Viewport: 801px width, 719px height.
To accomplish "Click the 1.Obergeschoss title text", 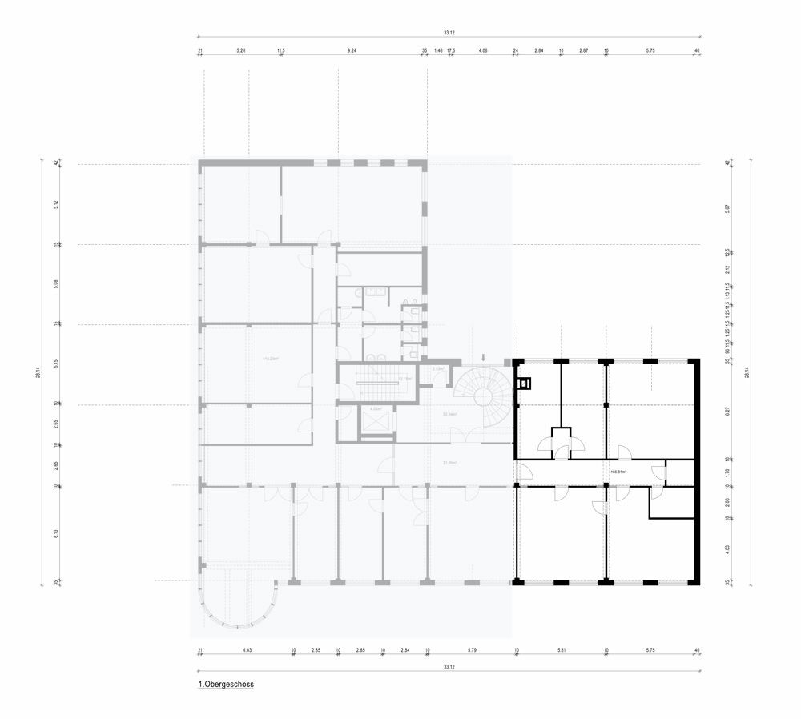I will pos(226,685).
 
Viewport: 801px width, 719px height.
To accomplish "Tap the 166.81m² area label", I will pos(618,472).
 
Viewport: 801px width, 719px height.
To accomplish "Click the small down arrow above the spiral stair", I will pos(483,357).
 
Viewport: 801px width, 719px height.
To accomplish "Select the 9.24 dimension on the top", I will pos(352,50).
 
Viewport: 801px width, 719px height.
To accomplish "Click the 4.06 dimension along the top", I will pos(483,50).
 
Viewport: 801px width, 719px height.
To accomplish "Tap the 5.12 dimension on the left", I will pos(56,204).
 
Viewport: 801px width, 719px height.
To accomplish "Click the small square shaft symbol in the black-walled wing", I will pos(525,384).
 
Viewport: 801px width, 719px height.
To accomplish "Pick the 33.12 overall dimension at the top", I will pos(449,33).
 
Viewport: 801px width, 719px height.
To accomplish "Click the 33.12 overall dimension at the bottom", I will pos(449,667).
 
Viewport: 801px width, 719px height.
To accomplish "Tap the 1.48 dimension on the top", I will pos(438,50).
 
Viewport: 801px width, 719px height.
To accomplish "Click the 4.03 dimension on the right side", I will pos(727,549).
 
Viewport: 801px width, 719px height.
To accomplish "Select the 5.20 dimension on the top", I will pos(240,50).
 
